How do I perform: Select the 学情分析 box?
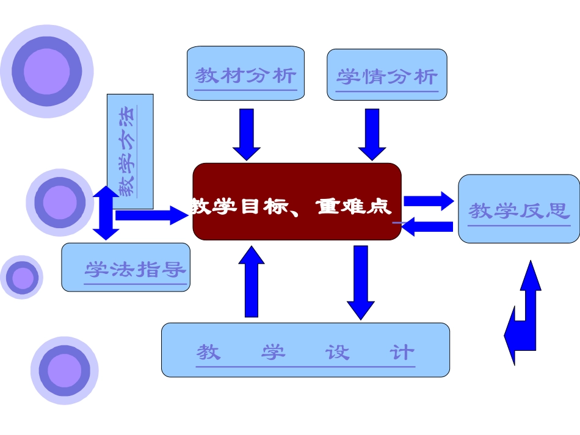pos(387,74)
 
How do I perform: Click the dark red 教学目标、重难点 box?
pos(297,202)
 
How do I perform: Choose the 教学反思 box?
pos(518,209)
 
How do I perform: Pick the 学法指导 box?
pos(126,267)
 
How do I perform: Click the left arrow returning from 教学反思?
pos(427,226)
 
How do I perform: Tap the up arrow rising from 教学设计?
pos(251,282)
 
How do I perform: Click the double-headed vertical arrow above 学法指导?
pos(106,213)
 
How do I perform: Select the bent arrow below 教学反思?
pos(524,314)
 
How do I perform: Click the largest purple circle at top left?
pos(47,71)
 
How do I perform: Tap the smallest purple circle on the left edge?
pos(22,278)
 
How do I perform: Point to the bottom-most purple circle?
pos(64,370)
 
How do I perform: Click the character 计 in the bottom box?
pos(402,352)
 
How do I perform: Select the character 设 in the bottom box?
pos(337,352)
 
